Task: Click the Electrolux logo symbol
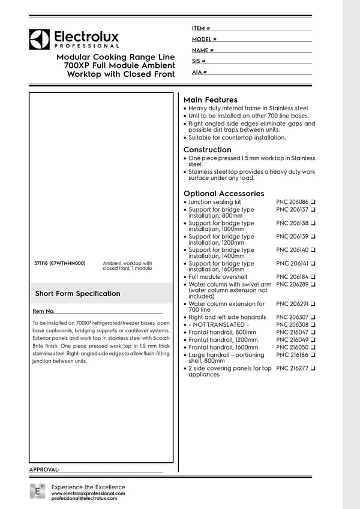point(39,39)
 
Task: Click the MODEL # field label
point(204,39)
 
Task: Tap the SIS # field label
point(199,61)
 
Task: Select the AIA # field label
point(199,72)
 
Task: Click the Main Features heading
point(210,100)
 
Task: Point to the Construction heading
point(207,149)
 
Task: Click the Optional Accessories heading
point(223,194)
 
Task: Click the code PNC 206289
point(292,284)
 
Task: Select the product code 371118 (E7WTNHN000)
point(61,263)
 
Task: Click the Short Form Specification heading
point(77,294)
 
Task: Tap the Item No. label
point(44,312)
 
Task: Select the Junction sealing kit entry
point(214,203)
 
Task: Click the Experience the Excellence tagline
point(88,487)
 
